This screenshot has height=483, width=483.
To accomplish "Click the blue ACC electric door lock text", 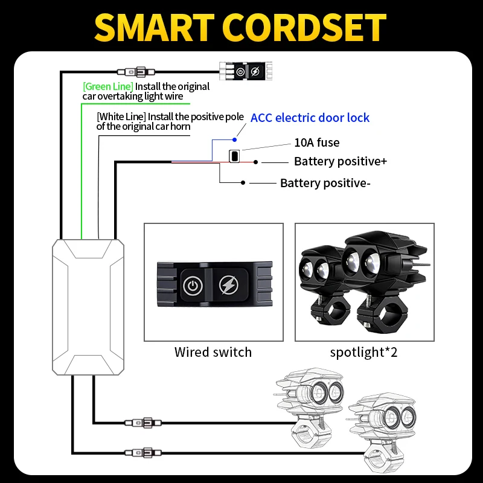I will tap(310, 118).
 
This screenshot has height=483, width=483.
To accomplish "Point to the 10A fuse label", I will tap(316, 143).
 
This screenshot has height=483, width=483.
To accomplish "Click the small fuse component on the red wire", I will tap(233, 156).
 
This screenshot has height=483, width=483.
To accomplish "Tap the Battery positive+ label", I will tap(340, 162).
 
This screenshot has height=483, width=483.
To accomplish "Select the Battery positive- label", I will tap(325, 183).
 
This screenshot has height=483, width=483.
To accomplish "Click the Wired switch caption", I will tap(213, 352).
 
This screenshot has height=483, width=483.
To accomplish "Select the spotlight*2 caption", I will tap(364, 352).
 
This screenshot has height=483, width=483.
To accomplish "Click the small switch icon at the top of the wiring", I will tap(247, 71).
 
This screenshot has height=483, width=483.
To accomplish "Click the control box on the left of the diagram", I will tap(89, 307).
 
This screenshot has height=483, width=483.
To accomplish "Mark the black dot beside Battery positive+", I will tap(257, 162).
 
